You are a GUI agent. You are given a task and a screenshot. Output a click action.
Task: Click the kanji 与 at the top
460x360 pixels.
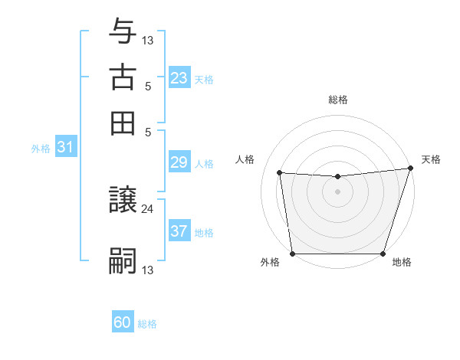coord(123,32)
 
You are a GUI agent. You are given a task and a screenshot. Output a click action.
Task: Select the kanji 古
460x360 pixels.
coord(123,77)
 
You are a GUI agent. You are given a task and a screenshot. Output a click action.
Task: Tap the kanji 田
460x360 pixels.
coord(123,123)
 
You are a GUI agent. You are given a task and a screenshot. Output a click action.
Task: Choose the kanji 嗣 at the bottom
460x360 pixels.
coord(123,261)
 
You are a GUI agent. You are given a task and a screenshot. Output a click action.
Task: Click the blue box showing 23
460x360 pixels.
coord(179,78)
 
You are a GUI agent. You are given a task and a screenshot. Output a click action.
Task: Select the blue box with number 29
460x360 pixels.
coord(179,162)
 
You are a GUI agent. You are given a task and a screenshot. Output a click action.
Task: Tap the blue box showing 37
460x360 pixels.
coord(179,231)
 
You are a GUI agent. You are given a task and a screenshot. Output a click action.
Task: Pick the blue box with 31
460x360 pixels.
coord(64,148)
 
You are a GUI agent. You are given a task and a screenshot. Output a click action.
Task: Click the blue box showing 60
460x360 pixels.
coord(123,322)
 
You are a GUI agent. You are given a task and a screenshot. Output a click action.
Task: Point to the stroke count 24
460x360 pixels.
coord(147,208)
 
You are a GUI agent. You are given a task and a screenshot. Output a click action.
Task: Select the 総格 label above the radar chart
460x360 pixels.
coord(338,100)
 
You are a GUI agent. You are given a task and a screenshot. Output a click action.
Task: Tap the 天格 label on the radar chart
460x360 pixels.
coord(431,159)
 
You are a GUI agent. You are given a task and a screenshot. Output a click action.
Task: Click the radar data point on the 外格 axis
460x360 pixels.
coord(293,254)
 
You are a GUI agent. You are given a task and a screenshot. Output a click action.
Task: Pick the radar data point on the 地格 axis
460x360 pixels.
coord(383,254)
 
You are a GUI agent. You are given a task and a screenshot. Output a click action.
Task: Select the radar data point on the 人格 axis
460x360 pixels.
coord(280,173)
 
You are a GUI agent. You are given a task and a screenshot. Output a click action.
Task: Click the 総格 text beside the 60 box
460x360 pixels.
coord(147,324)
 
